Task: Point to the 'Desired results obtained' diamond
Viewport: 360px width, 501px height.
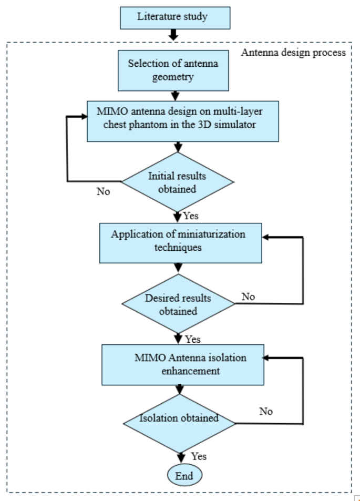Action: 178,304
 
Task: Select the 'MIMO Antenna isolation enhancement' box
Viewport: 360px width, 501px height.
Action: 181,364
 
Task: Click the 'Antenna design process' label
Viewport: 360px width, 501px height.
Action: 293,53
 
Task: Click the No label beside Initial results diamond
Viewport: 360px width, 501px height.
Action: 104,191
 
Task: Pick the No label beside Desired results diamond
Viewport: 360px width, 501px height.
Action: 248,297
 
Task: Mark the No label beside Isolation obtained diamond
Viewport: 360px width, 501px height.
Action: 266,411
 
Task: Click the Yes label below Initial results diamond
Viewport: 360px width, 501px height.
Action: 191,216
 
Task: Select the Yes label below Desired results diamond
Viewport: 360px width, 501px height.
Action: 192,339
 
